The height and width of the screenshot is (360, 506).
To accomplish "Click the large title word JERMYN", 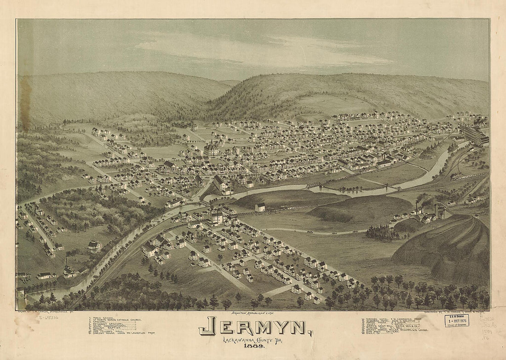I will tap(253, 326).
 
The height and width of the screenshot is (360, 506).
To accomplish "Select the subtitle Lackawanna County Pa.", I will tap(253, 340).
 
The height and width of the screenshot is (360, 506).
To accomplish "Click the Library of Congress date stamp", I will tap(457, 320).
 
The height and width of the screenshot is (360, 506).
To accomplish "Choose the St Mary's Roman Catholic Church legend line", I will tap(115, 320).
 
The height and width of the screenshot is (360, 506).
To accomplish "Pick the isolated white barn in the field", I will tap(260, 207).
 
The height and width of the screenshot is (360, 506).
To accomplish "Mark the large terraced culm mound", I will tap(442, 248).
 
